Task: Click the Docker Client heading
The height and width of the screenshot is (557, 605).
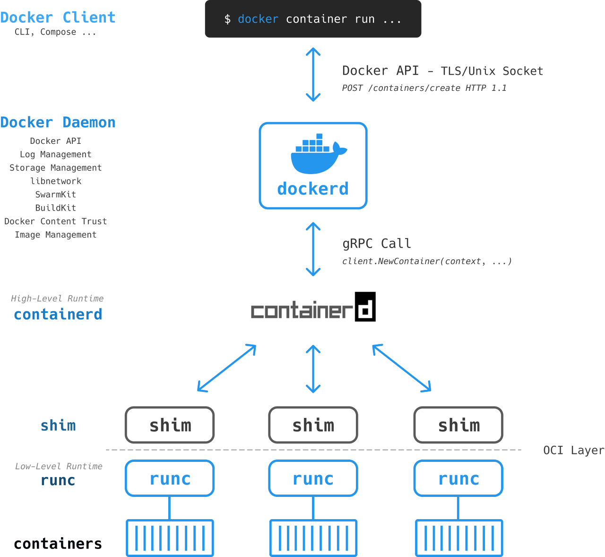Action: tap(58, 18)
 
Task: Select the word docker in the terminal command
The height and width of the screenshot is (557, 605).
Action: tap(258, 19)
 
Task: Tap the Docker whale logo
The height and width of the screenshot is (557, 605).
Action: tap(319, 153)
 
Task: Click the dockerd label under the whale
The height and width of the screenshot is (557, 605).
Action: tap(313, 189)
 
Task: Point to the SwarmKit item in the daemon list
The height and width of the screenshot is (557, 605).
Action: tap(55, 194)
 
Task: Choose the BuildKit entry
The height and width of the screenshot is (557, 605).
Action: tap(55, 208)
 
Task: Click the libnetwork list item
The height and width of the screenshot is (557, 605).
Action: tap(55, 181)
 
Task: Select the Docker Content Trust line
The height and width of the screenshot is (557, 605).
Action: tap(55, 221)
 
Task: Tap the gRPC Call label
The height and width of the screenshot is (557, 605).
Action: tap(377, 243)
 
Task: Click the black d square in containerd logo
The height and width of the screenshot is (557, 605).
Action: tap(365, 307)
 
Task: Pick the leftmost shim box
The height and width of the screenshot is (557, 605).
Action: tap(170, 425)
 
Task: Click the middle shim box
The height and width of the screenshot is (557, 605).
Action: tap(313, 425)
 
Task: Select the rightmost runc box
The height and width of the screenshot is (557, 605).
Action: tap(458, 478)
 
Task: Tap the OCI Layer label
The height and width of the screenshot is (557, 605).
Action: tap(574, 451)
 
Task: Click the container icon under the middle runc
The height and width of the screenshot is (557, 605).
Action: tap(313, 538)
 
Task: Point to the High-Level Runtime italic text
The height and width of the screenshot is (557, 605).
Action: tap(57, 299)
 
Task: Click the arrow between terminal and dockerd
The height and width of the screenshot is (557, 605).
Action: tap(313, 75)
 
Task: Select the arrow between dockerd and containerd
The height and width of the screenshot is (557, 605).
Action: tap(313, 249)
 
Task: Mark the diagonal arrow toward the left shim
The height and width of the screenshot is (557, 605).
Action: tap(226, 368)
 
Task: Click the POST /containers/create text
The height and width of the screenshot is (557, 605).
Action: tap(424, 88)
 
